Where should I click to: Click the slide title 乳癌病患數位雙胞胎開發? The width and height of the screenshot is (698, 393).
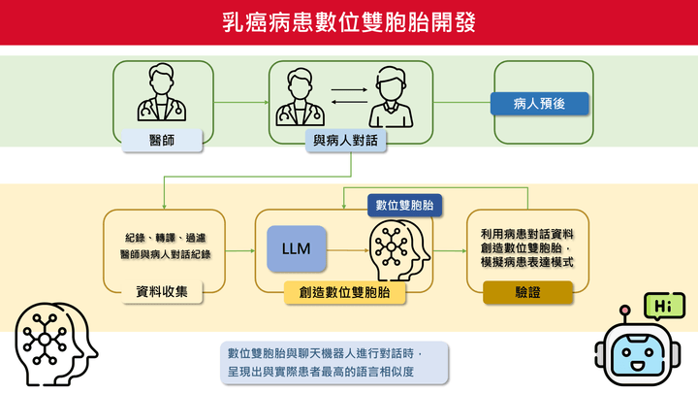349,22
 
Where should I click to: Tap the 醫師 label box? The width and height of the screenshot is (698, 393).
162,141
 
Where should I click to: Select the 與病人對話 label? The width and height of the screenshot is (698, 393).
345,141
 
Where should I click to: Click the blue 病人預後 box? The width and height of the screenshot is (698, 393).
540,104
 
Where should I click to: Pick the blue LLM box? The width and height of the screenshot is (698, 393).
297,248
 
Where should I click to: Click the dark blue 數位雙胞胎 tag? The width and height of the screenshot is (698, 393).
404,205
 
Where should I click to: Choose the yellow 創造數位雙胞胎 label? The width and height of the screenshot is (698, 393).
344,292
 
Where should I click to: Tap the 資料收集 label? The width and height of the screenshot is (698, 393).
162,292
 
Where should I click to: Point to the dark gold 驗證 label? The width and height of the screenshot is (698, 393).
527,292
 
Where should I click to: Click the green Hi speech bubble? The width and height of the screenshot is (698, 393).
664,306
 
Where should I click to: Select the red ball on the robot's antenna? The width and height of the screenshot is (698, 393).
625,311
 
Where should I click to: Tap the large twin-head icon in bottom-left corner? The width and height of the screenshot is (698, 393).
55,344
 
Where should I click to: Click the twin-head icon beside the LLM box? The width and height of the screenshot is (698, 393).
399,250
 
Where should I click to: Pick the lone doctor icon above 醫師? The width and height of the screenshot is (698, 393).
162,92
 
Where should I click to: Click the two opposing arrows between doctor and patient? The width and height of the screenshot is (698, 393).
349,96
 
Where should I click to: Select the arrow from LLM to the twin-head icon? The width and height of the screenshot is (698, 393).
348,250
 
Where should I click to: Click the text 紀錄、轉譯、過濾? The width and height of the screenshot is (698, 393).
166,238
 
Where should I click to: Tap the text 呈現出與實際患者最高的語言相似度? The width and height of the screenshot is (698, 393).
321,372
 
